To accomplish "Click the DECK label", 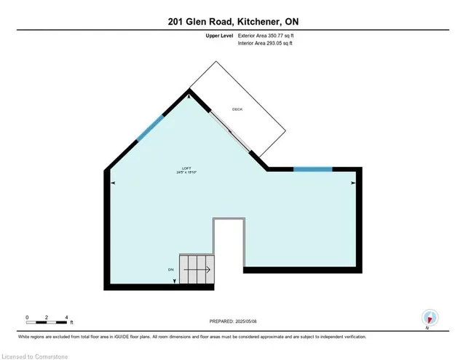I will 237,110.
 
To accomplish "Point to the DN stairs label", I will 170,269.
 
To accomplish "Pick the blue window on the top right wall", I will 312,169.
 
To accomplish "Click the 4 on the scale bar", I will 67,316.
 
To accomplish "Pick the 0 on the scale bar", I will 27,316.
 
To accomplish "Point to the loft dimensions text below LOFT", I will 187,173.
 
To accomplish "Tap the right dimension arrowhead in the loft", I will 354,181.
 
